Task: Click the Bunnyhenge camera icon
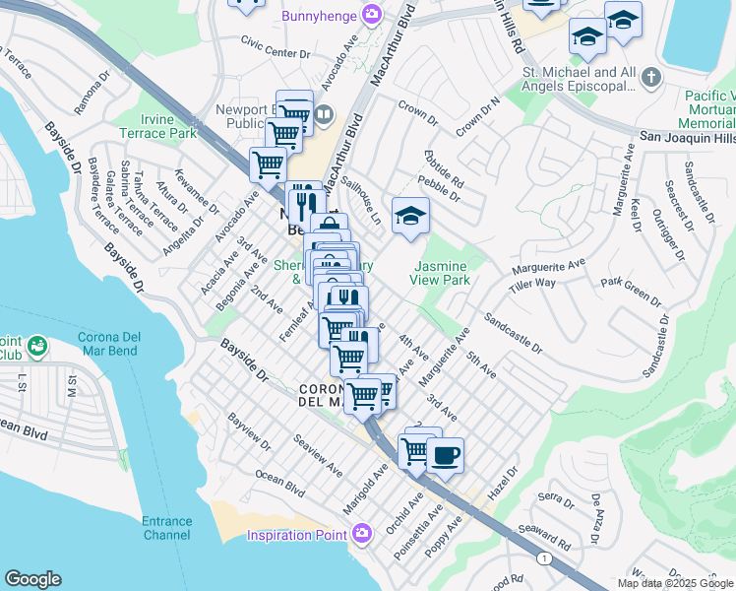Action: (372, 15)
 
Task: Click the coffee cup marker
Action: (445, 455)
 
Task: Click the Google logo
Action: (32, 579)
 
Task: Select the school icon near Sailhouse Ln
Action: (410, 217)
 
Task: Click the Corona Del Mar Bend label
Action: (109, 344)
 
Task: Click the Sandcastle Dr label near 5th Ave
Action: (512, 334)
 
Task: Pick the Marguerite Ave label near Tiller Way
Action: (548, 268)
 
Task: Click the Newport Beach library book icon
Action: (323, 113)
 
